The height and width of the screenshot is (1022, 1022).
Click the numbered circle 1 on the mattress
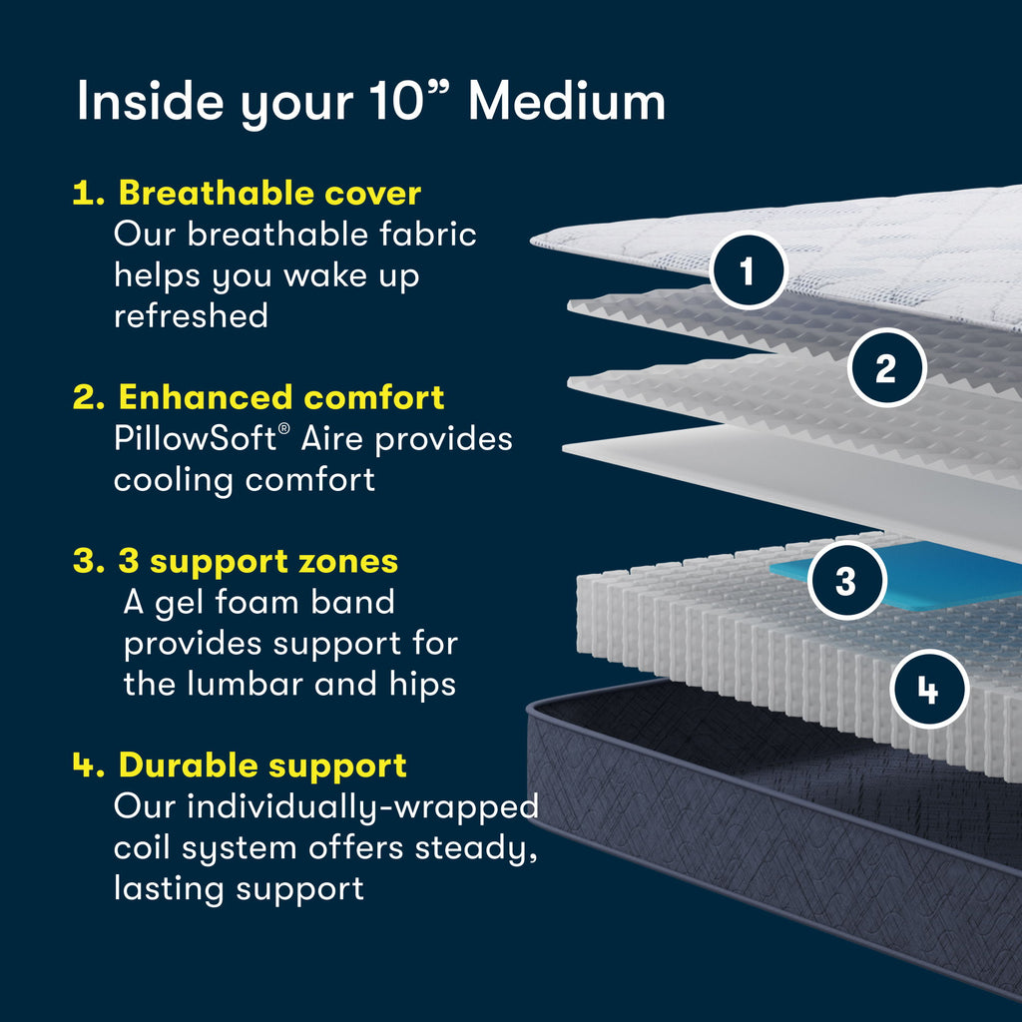coord(749,269)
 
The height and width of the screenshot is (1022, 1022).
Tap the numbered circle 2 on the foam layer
coord(886,367)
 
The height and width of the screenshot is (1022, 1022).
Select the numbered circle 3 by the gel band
coord(846,581)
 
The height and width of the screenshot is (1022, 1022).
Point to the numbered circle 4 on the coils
coord(928,689)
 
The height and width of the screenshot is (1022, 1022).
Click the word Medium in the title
coord(566,102)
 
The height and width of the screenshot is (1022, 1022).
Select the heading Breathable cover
coord(269,193)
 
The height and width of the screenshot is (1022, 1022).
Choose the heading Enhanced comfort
coord(281,397)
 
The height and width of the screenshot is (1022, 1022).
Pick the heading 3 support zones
coord(257,561)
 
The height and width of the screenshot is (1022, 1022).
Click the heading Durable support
coord(262,766)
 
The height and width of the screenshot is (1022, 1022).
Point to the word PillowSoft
coord(196,438)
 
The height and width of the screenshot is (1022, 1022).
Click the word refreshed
coord(191,315)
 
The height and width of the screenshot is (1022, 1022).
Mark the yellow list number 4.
coord(88,766)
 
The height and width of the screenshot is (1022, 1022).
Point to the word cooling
coord(174,479)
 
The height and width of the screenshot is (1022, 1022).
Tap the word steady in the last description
coord(475,848)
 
